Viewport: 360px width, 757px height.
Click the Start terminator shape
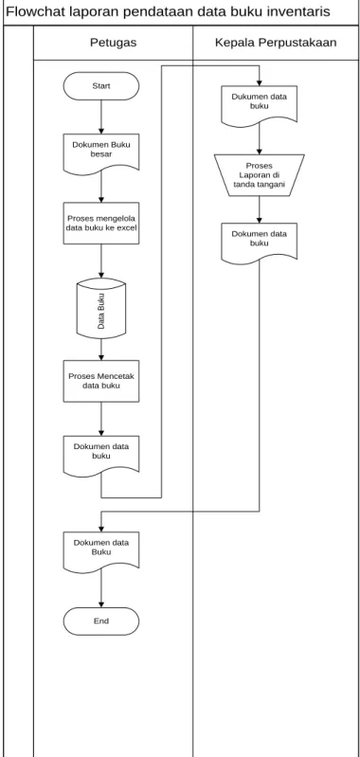click(100, 86)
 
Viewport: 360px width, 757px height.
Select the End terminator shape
click(100, 621)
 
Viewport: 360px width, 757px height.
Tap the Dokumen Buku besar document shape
click(100, 152)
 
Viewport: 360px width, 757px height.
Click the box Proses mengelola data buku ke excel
click(100, 223)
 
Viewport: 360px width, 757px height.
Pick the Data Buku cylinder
click(100, 308)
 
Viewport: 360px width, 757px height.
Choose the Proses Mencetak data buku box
click(100, 381)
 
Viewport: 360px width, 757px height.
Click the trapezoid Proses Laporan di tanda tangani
click(260, 175)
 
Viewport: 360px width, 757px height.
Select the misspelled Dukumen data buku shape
click(260, 105)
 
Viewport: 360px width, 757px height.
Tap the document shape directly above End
click(100, 550)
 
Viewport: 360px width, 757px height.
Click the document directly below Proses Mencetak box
click(100, 455)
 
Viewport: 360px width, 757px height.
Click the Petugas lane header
click(113, 43)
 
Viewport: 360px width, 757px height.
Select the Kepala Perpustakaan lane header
click(276, 43)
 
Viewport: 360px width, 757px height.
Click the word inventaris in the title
click(300, 11)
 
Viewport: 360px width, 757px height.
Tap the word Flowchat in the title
click(32, 11)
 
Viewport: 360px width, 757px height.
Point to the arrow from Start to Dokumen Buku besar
click(100, 117)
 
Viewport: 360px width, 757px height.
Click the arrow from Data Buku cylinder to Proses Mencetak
click(100, 349)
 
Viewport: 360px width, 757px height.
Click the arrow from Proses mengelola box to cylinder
click(100, 261)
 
